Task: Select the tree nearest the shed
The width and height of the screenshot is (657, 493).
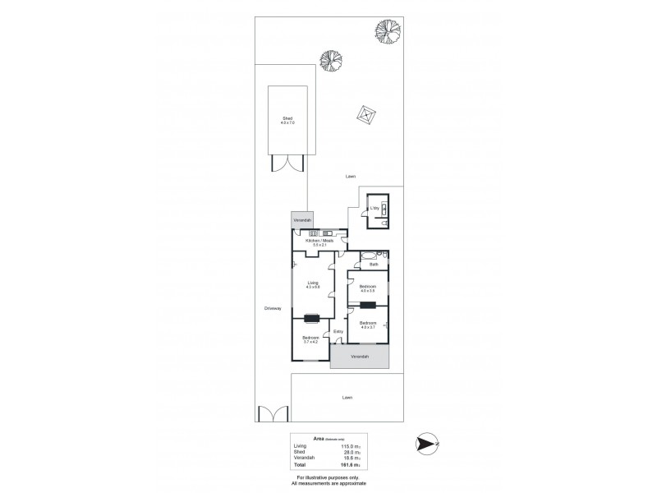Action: tap(330, 62)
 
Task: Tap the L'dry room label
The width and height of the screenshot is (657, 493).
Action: tap(374, 208)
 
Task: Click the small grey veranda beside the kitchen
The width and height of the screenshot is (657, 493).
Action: tap(302, 221)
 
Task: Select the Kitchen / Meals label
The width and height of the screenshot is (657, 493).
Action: tap(319, 240)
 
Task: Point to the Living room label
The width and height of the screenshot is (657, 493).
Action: tap(313, 283)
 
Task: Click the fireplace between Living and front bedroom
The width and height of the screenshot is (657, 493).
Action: tap(313, 319)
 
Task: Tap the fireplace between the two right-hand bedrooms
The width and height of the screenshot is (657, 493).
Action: tap(368, 304)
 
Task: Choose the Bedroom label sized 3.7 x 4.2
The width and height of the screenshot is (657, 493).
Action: tap(310, 339)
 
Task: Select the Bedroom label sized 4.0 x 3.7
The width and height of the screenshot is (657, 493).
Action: tap(367, 323)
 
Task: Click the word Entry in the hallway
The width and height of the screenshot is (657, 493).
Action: tap(338, 331)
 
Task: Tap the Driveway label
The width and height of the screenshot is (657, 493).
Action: tap(273, 308)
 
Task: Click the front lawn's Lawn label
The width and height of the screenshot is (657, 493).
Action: tap(347, 398)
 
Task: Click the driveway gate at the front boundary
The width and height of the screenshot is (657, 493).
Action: tap(268, 416)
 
